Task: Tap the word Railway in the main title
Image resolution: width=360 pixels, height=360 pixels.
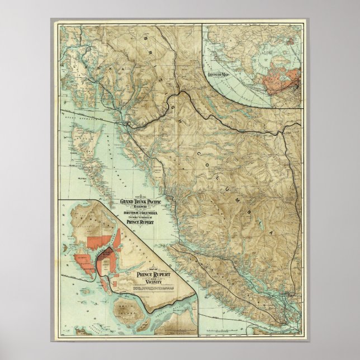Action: point(143,206)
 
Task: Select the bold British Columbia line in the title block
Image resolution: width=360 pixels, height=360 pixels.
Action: point(143,212)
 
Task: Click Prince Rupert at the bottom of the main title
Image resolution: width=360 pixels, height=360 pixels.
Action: point(143,222)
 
